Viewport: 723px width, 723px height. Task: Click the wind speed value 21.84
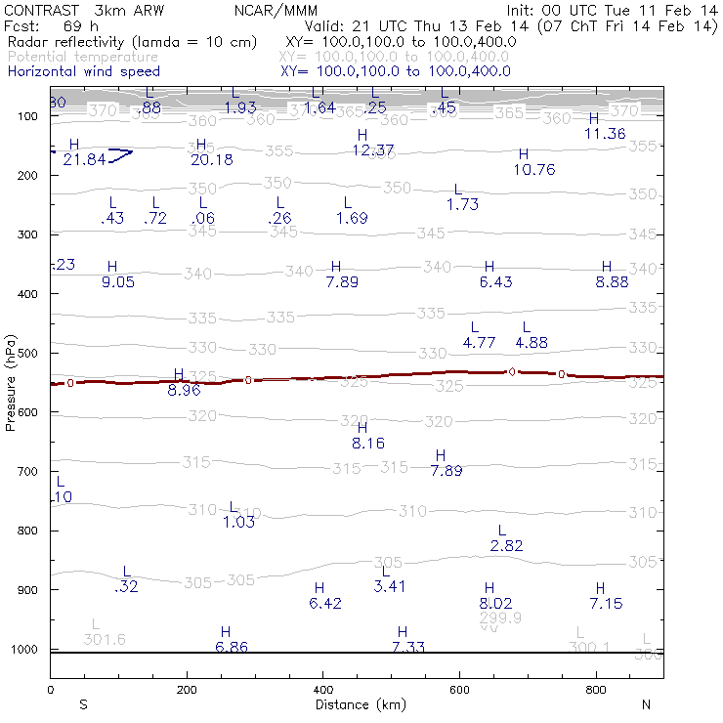point(83,159)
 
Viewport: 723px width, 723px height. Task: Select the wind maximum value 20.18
point(212,159)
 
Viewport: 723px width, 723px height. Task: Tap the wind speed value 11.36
point(605,133)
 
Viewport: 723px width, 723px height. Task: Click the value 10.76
point(533,169)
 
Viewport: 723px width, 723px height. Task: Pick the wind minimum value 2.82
point(506,546)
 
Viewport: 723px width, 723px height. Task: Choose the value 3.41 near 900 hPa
point(390,586)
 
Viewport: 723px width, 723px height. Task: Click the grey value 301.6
point(105,639)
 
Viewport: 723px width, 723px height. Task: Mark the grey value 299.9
point(500,618)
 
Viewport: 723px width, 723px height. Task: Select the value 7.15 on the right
point(606,603)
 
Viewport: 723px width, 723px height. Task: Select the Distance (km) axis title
point(356,703)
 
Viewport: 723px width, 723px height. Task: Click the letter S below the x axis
point(83,703)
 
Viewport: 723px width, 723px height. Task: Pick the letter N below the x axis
point(645,703)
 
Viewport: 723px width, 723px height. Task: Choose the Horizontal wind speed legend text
point(83,71)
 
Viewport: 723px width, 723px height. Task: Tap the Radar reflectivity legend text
point(132,42)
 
